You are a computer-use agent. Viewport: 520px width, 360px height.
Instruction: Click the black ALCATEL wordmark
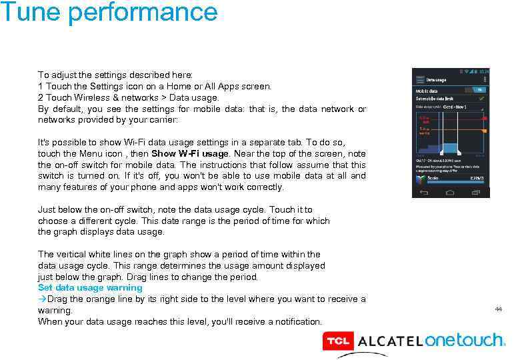point(390,341)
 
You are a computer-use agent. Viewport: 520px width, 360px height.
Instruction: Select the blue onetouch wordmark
point(465,340)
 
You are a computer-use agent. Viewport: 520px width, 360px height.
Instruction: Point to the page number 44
point(498,309)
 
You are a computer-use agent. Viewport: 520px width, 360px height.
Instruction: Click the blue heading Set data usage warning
point(90,288)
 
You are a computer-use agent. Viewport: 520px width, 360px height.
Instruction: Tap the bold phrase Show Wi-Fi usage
point(190,153)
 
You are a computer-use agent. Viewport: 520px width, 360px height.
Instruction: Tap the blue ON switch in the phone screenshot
point(477,89)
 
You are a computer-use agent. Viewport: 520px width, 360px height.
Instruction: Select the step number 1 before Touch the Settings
point(41,86)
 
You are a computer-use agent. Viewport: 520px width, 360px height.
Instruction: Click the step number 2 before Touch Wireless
point(41,97)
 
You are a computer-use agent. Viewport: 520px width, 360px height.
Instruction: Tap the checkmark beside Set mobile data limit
point(480,98)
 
